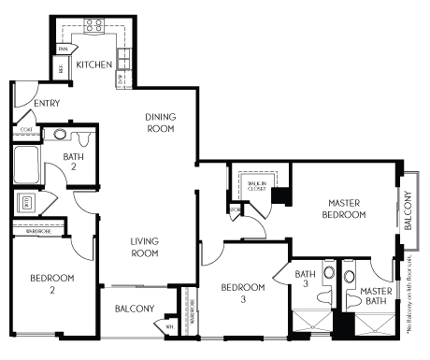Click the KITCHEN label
(x=94, y=65)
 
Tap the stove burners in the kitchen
(x=93, y=26)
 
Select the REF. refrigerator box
(x=62, y=68)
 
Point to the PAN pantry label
(x=64, y=48)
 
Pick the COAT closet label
(x=26, y=129)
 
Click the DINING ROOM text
(x=161, y=122)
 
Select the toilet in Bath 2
(x=84, y=138)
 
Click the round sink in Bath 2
(x=60, y=134)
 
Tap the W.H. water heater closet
(x=169, y=325)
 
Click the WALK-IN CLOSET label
(x=255, y=185)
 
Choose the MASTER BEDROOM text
(x=345, y=208)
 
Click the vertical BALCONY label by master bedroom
(x=408, y=209)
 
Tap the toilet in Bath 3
(x=325, y=297)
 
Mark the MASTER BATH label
(x=376, y=296)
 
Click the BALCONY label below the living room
(x=135, y=308)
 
